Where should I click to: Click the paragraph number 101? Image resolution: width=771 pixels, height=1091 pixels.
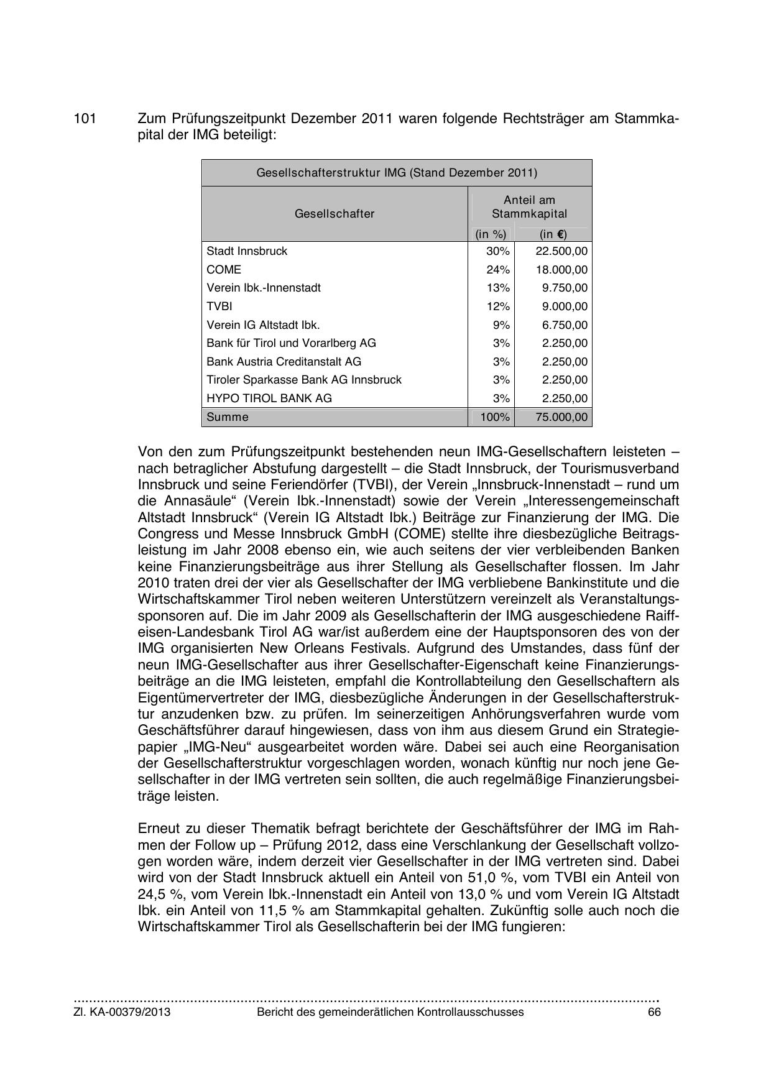coord(85,118)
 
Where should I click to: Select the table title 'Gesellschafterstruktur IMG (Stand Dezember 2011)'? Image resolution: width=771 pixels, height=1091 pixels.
coord(397,173)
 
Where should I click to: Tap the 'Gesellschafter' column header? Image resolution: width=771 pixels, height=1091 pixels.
coord(335,214)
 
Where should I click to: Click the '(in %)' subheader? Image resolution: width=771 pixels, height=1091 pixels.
coord(491,234)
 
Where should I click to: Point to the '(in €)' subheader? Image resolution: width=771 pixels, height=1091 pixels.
coord(553,234)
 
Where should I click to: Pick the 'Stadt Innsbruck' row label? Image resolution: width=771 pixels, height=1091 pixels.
coord(247,251)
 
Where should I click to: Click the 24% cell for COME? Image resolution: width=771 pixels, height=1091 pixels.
coord(497,270)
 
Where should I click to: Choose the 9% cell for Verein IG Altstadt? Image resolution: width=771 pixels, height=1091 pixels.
coord(501,325)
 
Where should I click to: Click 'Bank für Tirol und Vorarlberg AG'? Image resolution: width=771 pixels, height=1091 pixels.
coord(291,343)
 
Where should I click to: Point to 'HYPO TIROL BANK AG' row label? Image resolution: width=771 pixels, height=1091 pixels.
coord(269,398)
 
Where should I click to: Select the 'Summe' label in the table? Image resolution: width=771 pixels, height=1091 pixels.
coord(227,417)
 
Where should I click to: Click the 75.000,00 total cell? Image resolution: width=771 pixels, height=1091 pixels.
coord(561,417)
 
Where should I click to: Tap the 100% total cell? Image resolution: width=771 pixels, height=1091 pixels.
coord(495,417)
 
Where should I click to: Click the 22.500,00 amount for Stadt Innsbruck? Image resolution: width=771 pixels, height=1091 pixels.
coord(561,251)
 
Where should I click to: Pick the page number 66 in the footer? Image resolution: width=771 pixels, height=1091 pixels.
coord(653,1012)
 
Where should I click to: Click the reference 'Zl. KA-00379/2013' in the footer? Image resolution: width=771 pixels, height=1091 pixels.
coord(122,1012)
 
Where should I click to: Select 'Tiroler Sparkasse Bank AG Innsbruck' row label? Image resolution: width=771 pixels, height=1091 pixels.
coord(304,380)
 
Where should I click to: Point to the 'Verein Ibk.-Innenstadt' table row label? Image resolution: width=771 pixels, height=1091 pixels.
coord(264,288)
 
